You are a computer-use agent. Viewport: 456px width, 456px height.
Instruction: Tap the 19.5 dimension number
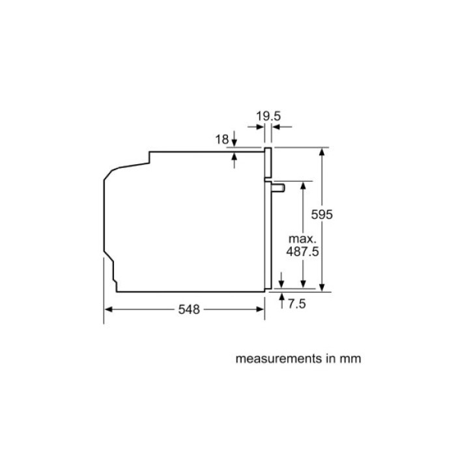click(268, 117)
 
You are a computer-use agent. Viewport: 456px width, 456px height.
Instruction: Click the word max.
click(302, 239)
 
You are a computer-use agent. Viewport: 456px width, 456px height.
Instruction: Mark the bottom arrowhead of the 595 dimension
click(322, 285)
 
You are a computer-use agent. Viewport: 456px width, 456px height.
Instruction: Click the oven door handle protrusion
click(279, 188)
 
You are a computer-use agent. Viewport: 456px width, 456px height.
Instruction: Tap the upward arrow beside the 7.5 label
click(281, 298)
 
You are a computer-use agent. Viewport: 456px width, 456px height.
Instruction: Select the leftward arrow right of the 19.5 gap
click(276, 128)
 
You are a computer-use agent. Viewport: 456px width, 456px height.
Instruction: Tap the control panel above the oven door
click(267, 162)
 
